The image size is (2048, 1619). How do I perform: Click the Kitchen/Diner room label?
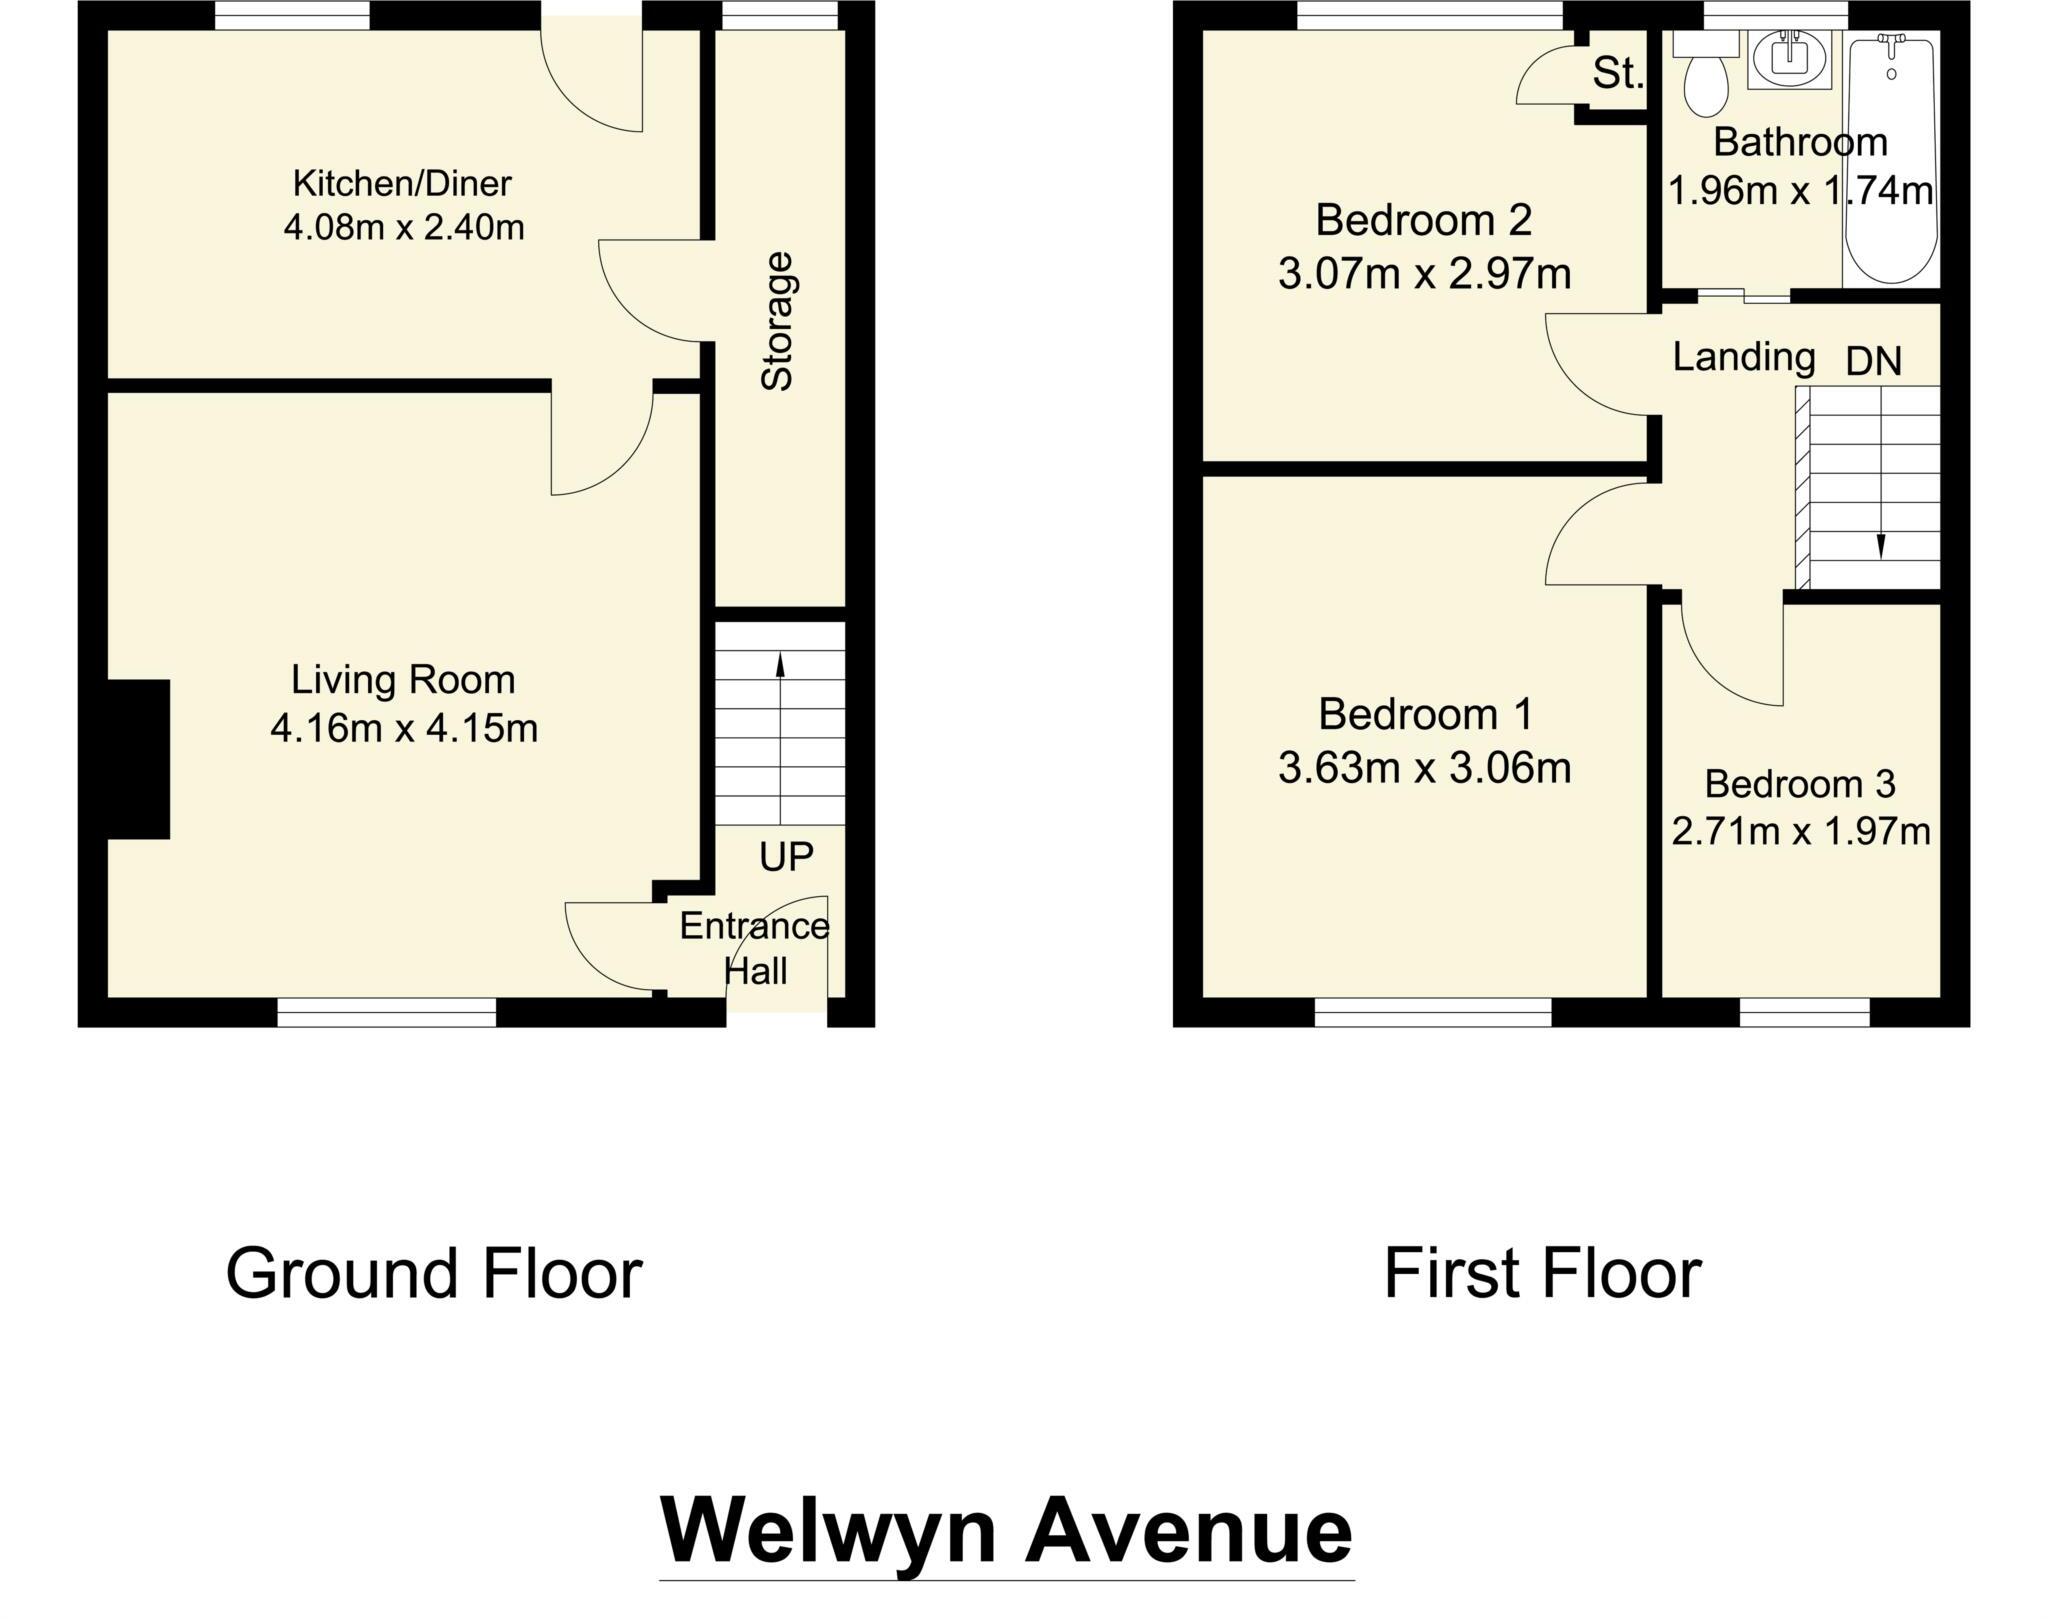click(402, 184)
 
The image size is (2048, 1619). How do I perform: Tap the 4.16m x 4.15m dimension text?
click(404, 729)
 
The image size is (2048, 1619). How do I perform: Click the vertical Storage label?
click(778, 321)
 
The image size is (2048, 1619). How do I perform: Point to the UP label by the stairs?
click(786, 857)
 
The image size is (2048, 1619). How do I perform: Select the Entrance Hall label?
click(755, 948)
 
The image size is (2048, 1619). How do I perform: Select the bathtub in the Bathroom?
click(1891, 160)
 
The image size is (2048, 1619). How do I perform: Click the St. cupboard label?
click(1617, 74)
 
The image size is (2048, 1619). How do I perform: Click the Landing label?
click(1744, 357)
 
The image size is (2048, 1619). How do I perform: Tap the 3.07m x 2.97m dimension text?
click(1424, 274)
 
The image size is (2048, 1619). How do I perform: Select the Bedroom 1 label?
click(1424, 715)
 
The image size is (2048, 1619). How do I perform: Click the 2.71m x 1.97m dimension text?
click(1800, 832)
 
